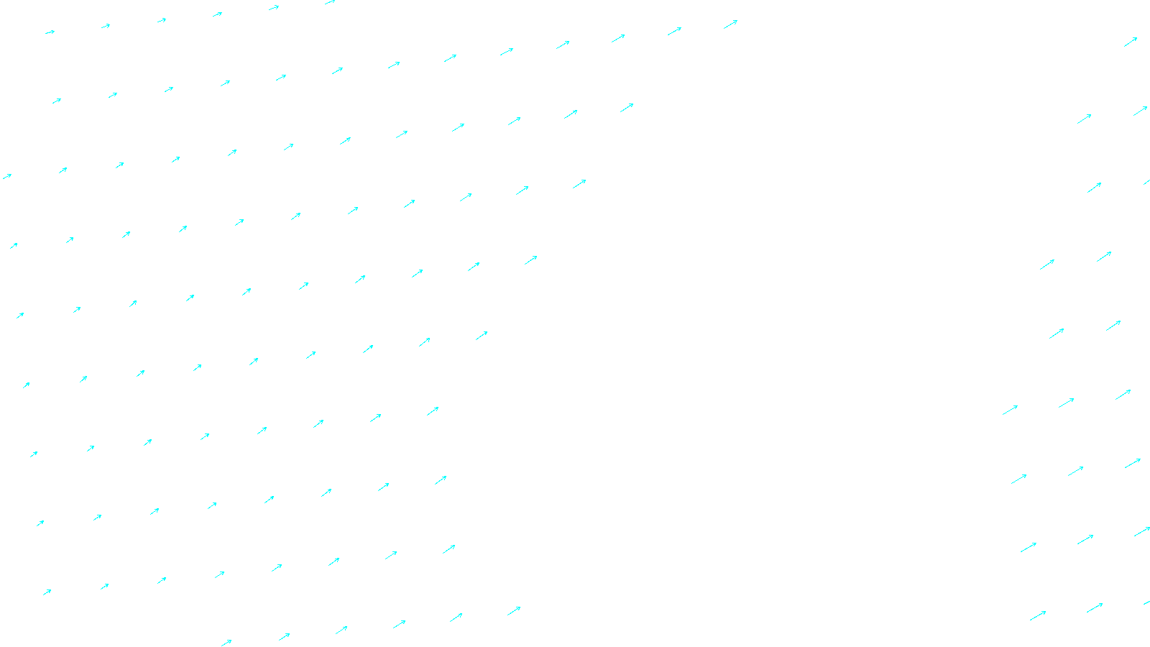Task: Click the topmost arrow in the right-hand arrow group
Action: tap(1131, 42)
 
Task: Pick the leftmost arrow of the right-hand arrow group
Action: tap(1010, 410)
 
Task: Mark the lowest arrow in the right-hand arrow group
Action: tap(1037, 616)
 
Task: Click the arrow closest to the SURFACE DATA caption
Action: tap(514, 611)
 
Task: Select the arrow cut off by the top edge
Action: tap(330, 2)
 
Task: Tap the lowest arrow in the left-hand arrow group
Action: tap(226, 643)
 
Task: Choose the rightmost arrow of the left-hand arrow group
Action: tap(730, 24)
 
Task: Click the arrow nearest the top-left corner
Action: tap(50, 32)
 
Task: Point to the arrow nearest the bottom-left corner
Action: tap(47, 592)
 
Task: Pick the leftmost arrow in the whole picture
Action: tap(6, 176)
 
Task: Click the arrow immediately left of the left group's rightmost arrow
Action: tap(674, 31)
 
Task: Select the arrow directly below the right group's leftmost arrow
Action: tap(1018, 479)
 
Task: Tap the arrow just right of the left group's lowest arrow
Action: tap(284, 637)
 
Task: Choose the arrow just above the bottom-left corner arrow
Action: tap(40, 523)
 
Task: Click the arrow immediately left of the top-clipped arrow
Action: tap(274, 8)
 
